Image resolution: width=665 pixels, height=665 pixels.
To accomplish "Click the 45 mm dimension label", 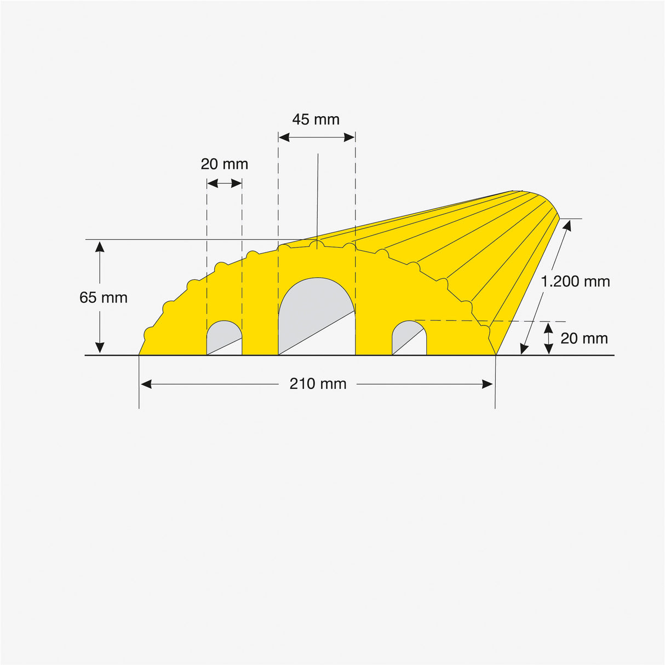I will (316, 119).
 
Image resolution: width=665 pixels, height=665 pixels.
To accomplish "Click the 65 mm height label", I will (103, 297).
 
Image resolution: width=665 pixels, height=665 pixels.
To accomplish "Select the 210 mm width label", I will (318, 383).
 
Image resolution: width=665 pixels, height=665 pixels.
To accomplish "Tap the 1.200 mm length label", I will (575, 282).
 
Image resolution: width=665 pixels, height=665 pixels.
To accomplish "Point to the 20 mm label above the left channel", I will (224, 164).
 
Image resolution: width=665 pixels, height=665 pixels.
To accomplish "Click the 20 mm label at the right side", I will (584, 339).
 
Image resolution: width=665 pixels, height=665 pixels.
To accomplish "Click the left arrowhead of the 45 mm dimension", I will (284, 137).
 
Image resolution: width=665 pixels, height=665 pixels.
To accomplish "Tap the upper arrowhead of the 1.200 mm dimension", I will (566, 225).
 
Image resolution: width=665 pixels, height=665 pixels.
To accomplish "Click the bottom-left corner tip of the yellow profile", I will (140, 354).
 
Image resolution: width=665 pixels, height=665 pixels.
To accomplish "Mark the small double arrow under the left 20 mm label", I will (225, 184).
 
